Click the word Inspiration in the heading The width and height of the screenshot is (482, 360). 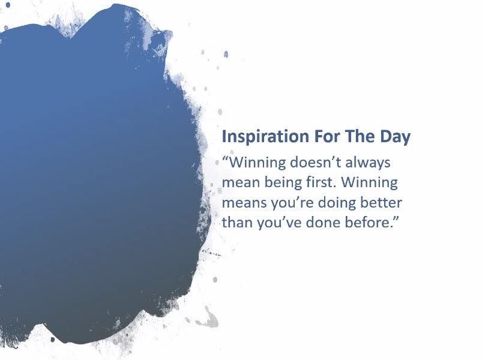265,137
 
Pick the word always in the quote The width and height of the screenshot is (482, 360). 367,163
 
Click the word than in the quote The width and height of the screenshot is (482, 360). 237,223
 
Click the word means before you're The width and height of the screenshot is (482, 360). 244,203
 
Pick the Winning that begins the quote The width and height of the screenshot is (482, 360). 258,163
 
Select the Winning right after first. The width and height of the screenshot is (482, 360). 370,183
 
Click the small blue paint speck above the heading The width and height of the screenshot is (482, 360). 226,55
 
